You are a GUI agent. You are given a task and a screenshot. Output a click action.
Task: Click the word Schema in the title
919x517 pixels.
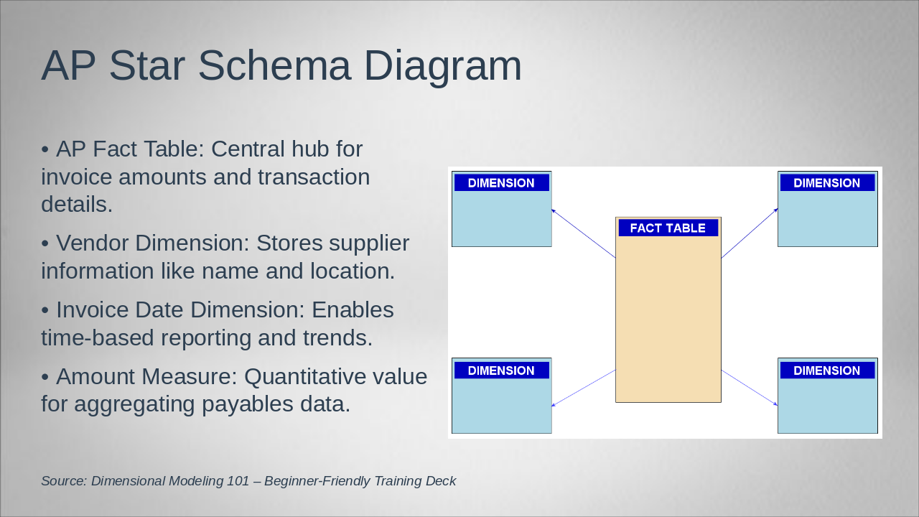click(274, 65)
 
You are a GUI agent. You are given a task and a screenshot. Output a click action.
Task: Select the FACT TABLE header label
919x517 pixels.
click(668, 228)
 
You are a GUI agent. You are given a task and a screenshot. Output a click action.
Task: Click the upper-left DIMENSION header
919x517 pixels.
click(501, 183)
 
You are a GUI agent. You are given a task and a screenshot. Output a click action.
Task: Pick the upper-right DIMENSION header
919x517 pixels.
click(827, 183)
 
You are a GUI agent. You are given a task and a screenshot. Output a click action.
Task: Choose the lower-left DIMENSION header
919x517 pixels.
click(501, 371)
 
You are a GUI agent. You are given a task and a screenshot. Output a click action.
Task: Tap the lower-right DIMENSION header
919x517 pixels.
click(827, 371)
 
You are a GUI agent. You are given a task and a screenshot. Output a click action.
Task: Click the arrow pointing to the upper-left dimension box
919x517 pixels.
click(584, 233)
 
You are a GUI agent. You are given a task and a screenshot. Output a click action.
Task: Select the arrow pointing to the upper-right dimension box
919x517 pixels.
click(750, 233)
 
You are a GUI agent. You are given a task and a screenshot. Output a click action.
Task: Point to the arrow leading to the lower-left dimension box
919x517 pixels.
click(584, 388)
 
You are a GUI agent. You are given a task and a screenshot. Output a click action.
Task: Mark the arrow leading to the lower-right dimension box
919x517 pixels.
click(750, 388)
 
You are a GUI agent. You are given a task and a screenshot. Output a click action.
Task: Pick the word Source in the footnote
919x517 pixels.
click(64, 481)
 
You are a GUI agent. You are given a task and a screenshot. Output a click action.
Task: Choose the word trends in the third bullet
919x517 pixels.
click(337, 337)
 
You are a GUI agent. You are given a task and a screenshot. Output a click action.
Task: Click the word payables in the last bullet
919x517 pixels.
click(248, 404)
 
